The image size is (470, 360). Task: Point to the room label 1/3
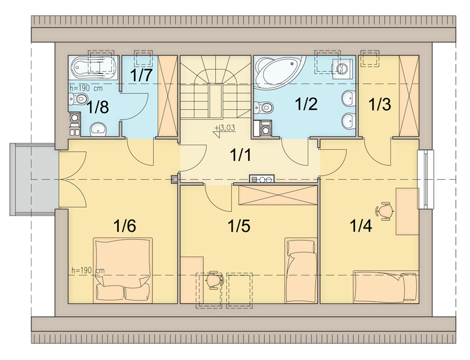pos(380,105)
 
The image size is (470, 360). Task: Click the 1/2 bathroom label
pos(306,104)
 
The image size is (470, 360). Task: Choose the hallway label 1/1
pos(241,155)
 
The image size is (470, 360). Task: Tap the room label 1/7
pos(140,76)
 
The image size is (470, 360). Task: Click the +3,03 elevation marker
pos(225,128)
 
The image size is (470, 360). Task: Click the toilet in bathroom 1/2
pos(263,106)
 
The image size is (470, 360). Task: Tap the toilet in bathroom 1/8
pos(78,98)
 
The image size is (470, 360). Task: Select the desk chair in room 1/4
pos(384,211)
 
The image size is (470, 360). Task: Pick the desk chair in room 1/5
pos(214,280)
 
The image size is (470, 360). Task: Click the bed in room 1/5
pos(301,270)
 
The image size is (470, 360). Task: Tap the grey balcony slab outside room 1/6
pos(33,179)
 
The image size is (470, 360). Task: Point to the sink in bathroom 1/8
pos(98,129)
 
